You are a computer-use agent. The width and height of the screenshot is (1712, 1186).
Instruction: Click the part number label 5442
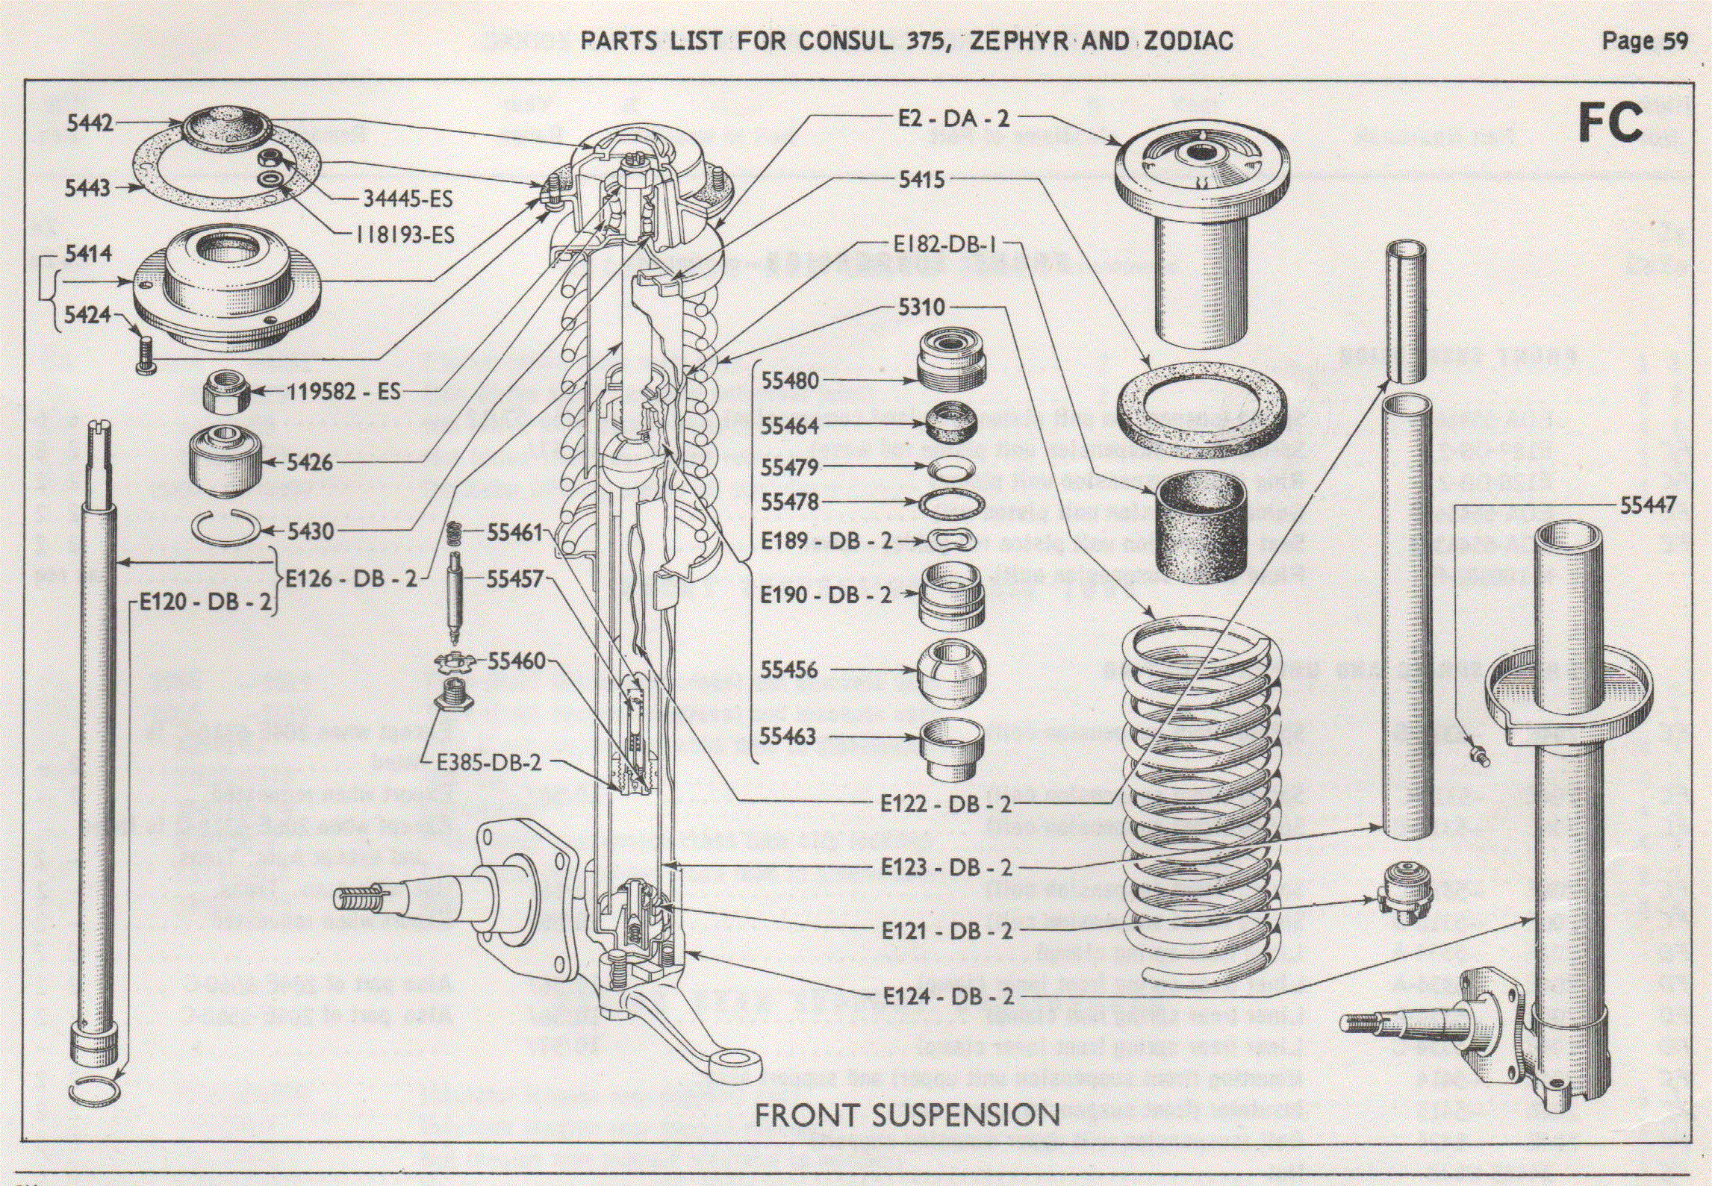[x=90, y=123]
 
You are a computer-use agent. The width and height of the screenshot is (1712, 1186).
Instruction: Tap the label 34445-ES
[x=408, y=199]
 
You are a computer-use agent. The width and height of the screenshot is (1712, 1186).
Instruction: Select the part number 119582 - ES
[x=343, y=392]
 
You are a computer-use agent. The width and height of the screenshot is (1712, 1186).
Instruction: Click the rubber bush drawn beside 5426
[x=225, y=460]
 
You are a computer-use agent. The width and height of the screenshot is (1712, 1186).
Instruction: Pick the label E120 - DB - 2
[x=206, y=602]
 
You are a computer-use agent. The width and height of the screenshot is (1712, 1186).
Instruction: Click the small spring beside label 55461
[x=454, y=533]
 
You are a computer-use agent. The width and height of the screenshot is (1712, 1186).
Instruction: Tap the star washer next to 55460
[x=454, y=661]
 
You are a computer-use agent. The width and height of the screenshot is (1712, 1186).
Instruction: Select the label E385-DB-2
[x=489, y=763]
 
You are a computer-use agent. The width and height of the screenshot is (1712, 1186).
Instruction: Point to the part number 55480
[x=790, y=381]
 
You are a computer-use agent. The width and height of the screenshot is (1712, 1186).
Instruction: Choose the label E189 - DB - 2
[x=827, y=540]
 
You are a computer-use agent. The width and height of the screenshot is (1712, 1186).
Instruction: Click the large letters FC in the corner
[x=1610, y=123]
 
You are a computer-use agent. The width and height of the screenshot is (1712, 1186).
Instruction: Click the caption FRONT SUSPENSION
[x=907, y=1115]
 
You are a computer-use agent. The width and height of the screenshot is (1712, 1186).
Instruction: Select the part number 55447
[x=1648, y=505]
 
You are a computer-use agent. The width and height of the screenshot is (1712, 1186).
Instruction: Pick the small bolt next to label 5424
[x=144, y=353]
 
